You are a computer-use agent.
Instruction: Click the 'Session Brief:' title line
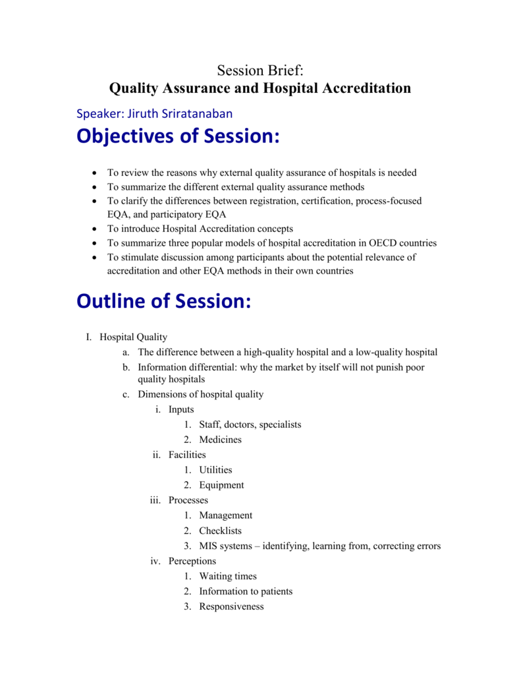tap(260, 70)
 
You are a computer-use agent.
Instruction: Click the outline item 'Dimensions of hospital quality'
tap(200, 394)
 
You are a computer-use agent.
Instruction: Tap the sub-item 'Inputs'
tap(181, 409)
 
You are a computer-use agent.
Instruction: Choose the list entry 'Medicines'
tap(221, 440)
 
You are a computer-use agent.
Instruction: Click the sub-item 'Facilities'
tap(187, 455)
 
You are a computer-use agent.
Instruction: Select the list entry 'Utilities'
tap(216, 470)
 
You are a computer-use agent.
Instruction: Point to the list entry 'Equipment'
tap(222, 485)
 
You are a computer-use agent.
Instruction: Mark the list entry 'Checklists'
tap(221, 531)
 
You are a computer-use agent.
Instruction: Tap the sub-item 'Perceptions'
tap(192, 561)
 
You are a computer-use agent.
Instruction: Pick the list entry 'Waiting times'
tap(228, 576)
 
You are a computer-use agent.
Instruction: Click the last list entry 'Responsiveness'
tap(231, 606)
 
